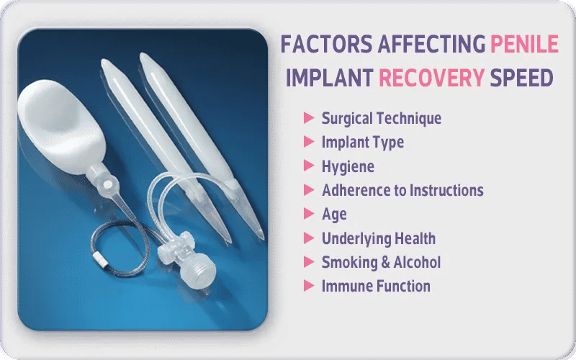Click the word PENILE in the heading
point(523,45)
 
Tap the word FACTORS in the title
point(323,45)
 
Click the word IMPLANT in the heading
point(328,78)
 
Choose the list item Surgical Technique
point(381,118)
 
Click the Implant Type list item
point(362,142)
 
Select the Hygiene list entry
point(348,166)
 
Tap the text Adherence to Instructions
point(402,190)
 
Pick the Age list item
point(334,214)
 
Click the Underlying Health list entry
point(378,238)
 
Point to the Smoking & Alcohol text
point(381,262)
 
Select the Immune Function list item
point(376,286)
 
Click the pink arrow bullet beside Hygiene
point(309,166)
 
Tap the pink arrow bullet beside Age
point(309,213)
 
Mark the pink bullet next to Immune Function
point(309,285)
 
